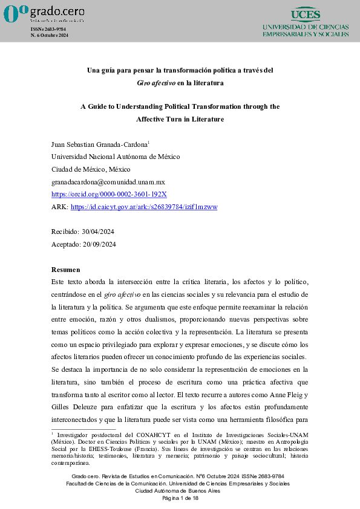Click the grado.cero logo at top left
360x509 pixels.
44,13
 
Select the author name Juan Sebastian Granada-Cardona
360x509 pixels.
99,145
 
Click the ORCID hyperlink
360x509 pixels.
110,194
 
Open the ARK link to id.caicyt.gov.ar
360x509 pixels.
144,207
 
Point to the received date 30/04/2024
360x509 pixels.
99,232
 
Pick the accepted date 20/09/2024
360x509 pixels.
99,244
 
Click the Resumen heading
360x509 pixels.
65,269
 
